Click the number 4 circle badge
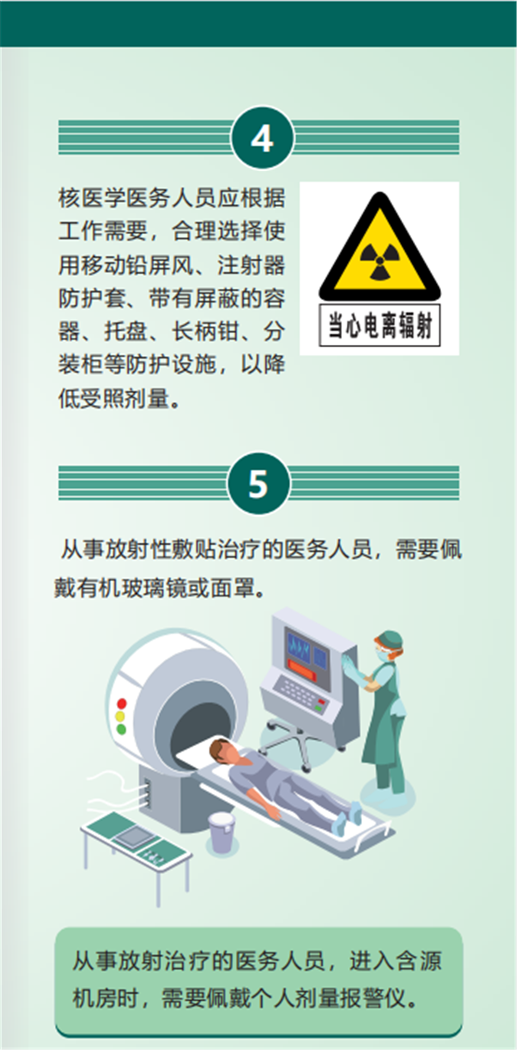click(x=262, y=138)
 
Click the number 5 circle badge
click(x=258, y=483)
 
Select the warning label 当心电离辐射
click(x=379, y=325)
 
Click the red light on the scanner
click(x=122, y=704)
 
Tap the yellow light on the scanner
click(x=121, y=716)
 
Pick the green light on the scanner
click(x=122, y=729)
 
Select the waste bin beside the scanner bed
click(x=221, y=832)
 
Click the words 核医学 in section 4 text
click(x=93, y=198)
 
